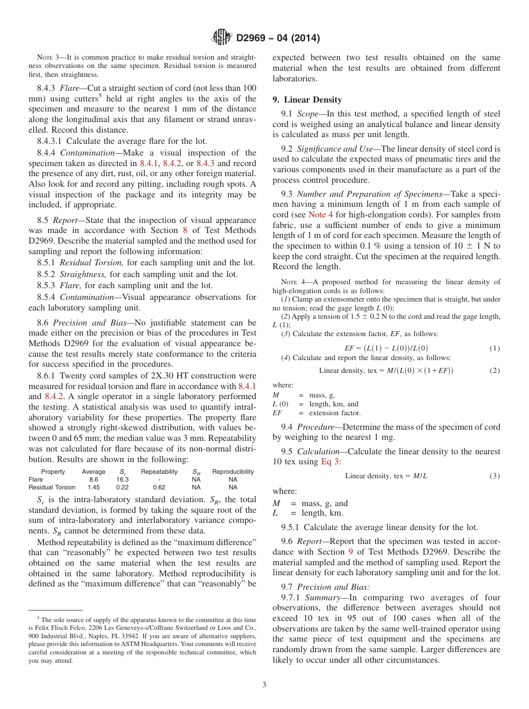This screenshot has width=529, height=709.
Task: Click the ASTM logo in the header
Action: pyautogui.click(x=222, y=38)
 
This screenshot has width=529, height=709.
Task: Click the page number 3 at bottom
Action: pyautogui.click(x=264, y=684)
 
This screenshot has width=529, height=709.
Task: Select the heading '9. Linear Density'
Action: pyautogui.click(x=307, y=100)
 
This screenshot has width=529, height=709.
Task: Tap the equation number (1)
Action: pyautogui.click(x=494, y=348)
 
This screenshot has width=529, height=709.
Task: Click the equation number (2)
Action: pyautogui.click(x=494, y=371)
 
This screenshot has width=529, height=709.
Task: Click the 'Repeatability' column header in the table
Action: pyautogui.click(x=159, y=472)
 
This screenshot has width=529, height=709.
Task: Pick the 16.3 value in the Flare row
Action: pyautogui.click(x=123, y=479)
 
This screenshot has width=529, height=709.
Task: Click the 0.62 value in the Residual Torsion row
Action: pyautogui.click(x=159, y=487)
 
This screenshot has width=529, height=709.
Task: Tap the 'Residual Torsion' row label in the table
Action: pyautogui.click(x=52, y=487)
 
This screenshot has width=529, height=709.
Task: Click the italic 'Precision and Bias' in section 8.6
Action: pyautogui.click(x=86, y=323)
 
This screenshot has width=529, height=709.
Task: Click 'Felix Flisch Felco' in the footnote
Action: pyautogui.click(x=62, y=627)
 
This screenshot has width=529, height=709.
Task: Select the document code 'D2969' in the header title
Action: pyautogui.click(x=251, y=38)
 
